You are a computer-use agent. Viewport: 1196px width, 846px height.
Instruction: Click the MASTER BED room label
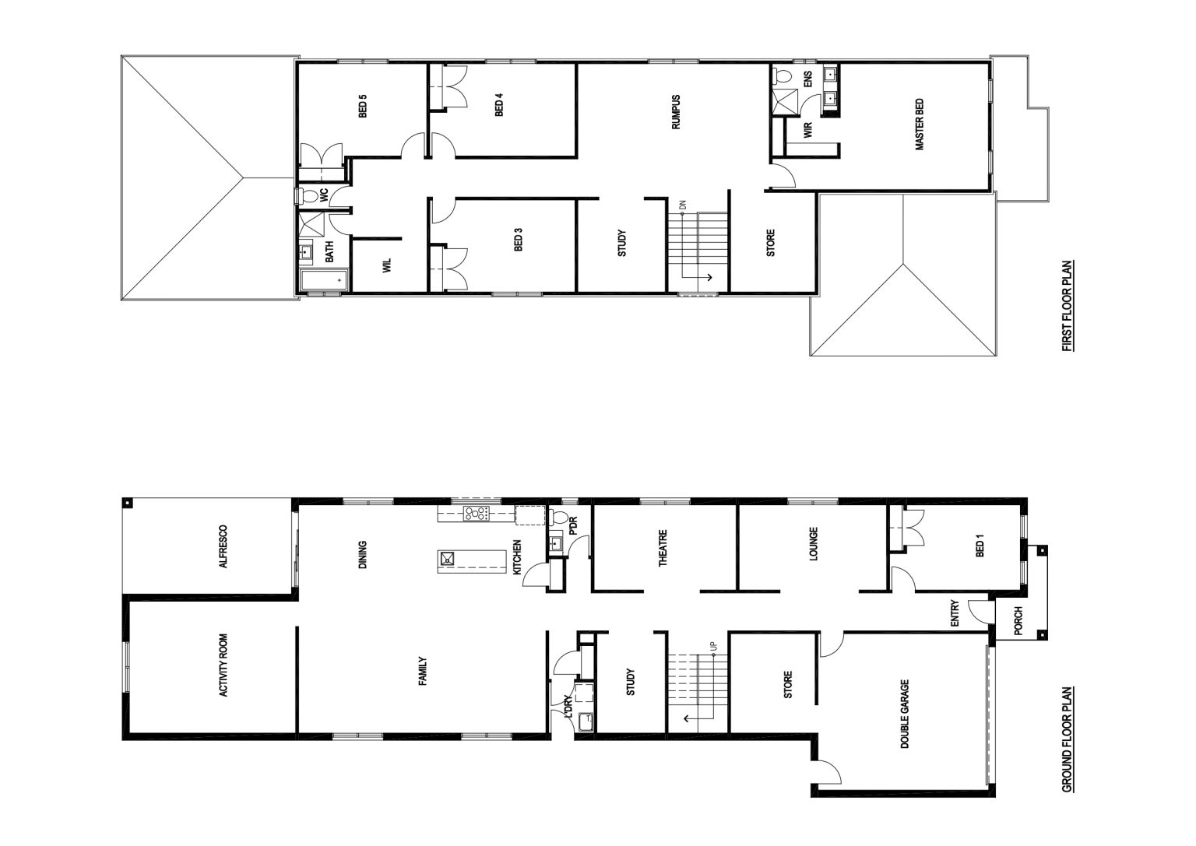coord(920,125)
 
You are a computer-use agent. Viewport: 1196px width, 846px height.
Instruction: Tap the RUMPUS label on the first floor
coord(676,113)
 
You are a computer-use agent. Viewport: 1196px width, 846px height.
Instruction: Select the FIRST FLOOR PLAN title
coord(1068,306)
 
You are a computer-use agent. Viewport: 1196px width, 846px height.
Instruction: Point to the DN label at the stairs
coord(682,205)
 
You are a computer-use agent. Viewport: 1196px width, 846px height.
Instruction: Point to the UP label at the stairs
coord(713,646)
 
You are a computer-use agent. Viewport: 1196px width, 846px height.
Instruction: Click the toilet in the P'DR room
coord(558,517)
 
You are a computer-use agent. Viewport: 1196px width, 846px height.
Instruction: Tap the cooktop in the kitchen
coord(477,514)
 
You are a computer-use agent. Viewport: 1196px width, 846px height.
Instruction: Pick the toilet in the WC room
coord(308,196)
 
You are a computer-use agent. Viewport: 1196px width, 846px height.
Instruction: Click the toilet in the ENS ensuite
coord(782,75)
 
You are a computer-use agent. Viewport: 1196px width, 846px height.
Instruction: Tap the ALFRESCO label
coord(223,546)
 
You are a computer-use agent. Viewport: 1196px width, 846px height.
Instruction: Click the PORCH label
coord(1018,621)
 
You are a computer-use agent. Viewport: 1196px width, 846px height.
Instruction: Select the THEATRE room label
coord(663,548)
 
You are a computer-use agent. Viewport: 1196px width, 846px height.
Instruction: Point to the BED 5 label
coord(363,106)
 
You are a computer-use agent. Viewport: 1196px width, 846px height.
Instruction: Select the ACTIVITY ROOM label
coord(223,665)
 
